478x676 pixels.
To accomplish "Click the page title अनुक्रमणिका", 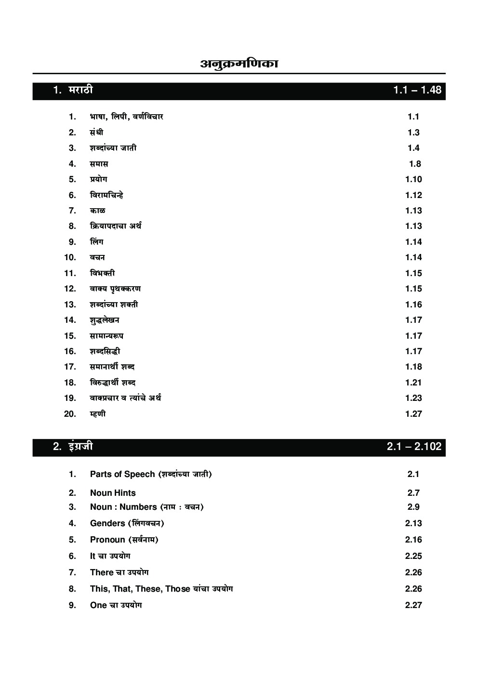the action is (x=239, y=64).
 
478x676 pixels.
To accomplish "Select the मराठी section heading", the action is (x=80, y=90).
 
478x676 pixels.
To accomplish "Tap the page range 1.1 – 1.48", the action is (x=417, y=90).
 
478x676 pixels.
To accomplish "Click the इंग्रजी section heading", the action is (x=80, y=447).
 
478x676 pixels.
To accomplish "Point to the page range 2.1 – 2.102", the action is (x=413, y=447).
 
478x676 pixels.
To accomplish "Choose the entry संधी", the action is (x=96, y=133).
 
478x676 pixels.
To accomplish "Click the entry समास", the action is (x=99, y=164).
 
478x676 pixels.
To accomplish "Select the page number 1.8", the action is (x=415, y=164).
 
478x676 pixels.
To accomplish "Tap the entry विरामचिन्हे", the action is (x=106, y=195).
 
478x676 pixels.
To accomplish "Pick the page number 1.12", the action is (x=413, y=195).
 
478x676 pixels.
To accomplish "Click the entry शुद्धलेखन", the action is (x=105, y=320).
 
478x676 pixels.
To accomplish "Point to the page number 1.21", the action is (x=413, y=383).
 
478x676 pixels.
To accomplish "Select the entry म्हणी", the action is (x=98, y=414).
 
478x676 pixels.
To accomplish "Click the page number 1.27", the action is (x=413, y=414).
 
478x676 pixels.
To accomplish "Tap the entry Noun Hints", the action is (x=113, y=493).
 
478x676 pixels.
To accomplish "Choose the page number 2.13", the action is (x=413, y=523).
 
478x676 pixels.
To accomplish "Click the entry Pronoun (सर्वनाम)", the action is (x=124, y=540).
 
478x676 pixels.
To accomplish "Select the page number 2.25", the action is (x=413, y=556).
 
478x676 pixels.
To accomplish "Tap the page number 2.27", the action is (x=413, y=605).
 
